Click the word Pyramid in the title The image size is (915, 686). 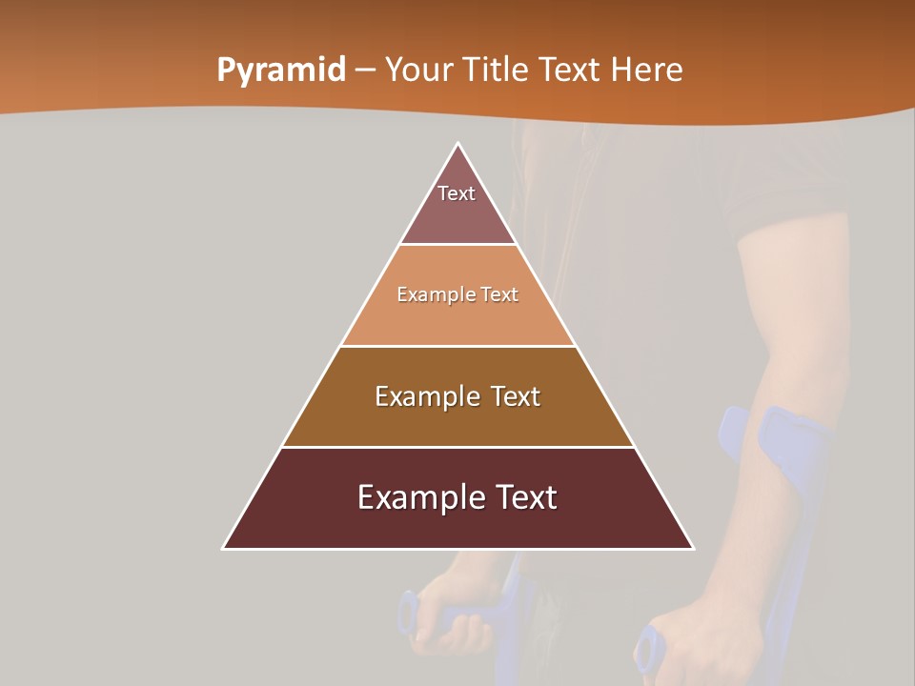(281, 71)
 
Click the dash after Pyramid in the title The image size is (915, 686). (365, 71)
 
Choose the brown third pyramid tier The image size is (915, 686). (457, 419)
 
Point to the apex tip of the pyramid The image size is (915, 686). (458, 145)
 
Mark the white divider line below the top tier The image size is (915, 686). (457, 245)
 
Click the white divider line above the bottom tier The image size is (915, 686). (457, 447)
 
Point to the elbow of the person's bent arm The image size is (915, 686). (762, 381)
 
